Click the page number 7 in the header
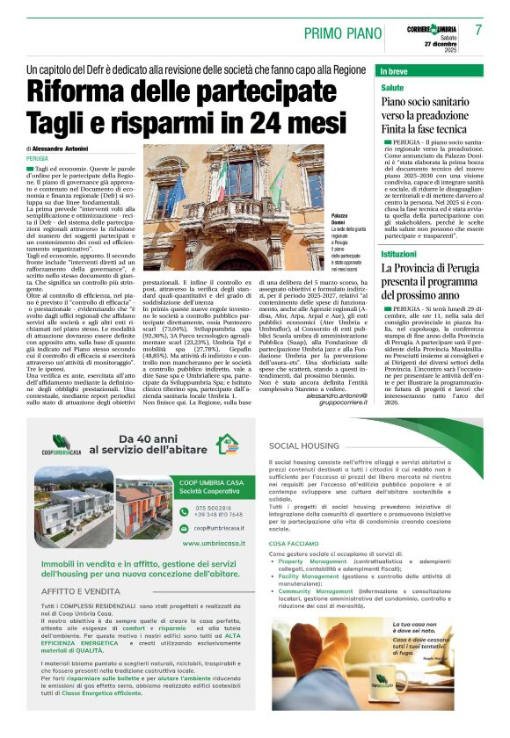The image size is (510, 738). click(x=479, y=29)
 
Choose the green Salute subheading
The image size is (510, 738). click(x=392, y=88)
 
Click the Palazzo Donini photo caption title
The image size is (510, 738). click(x=343, y=218)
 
